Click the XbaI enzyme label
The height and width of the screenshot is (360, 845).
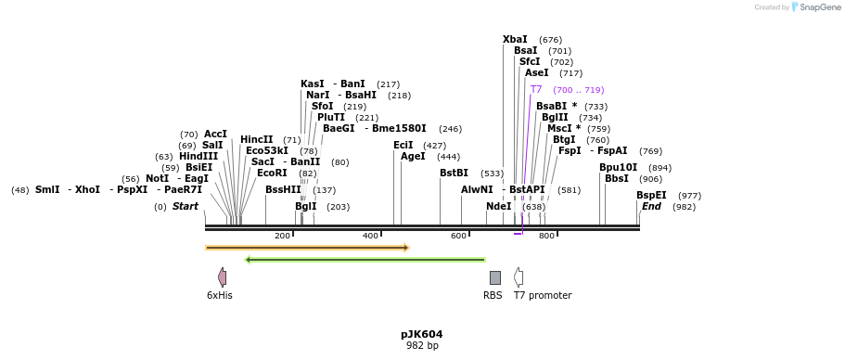[x=515, y=39]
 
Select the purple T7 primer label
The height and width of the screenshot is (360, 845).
[x=536, y=90]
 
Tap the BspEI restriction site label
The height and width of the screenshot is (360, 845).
[x=651, y=195]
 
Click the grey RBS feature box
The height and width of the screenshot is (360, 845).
[x=495, y=277]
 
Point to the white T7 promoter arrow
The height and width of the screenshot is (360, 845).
[x=519, y=277]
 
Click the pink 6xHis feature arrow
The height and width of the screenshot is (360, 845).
[x=222, y=277]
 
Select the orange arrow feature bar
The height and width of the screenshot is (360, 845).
[x=307, y=248]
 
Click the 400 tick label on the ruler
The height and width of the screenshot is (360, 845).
[x=370, y=236]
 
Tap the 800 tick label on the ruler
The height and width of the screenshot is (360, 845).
[x=546, y=236]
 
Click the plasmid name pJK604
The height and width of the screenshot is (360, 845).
[x=422, y=334]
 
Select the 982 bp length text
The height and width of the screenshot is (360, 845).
[x=422, y=346]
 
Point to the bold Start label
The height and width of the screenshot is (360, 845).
[x=186, y=206]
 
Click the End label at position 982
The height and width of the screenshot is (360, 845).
[x=651, y=206]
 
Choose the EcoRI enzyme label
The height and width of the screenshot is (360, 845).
[x=272, y=173]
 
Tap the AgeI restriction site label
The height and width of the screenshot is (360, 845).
[x=413, y=157]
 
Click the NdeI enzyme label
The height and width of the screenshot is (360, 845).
[x=498, y=206]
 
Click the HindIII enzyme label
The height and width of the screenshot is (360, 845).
[x=198, y=156]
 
